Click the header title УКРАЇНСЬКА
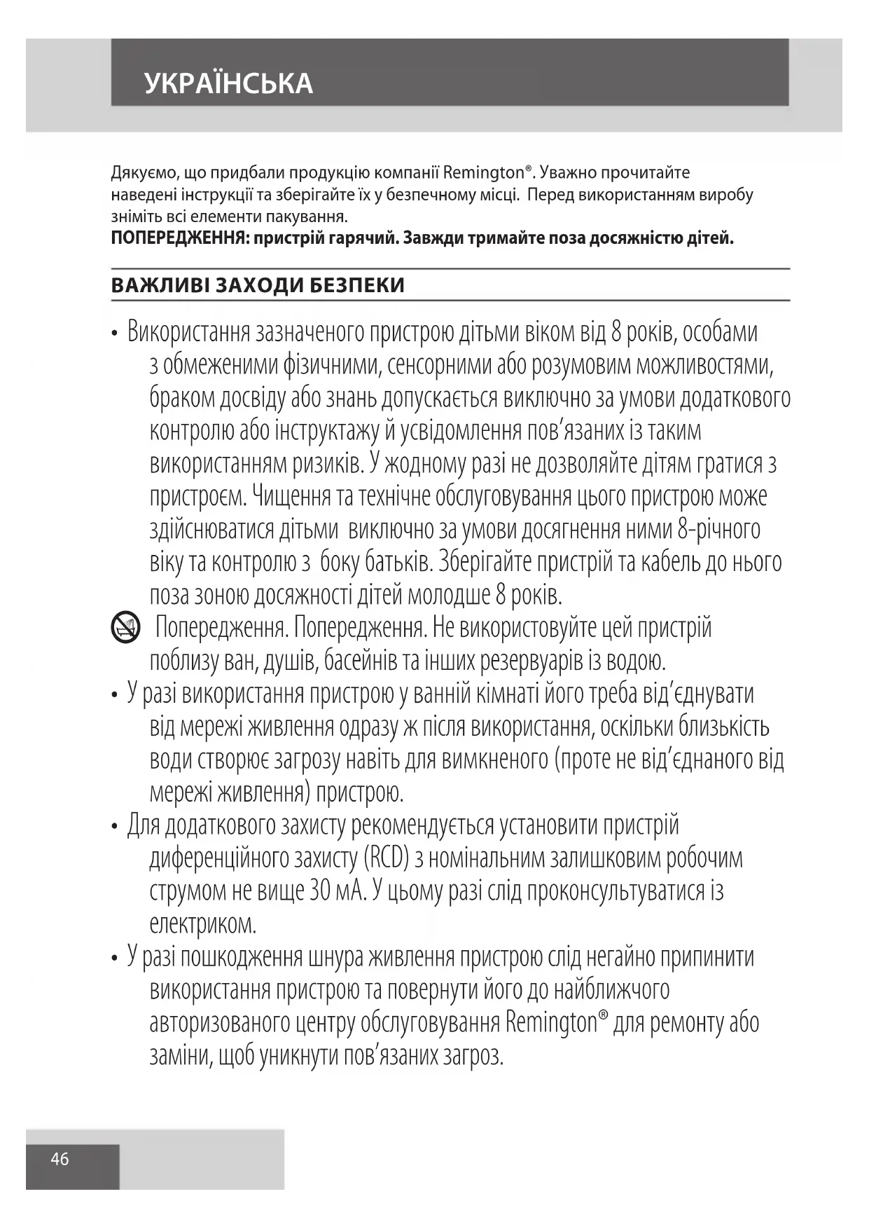click(x=228, y=83)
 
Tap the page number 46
click(x=60, y=1160)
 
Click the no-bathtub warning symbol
click(x=125, y=628)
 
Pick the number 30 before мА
click(x=319, y=891)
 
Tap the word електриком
click(x=203, y=924)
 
